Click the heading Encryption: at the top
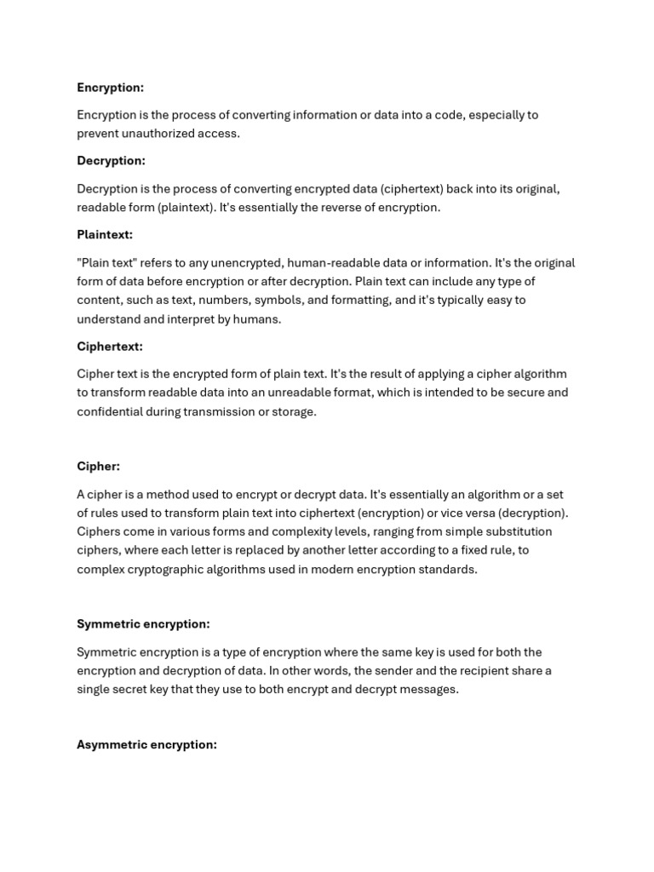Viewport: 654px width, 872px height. click(x=110, y=88)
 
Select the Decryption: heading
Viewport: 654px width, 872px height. click(x=111, y=161)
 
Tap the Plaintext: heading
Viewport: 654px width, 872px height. click(x=105, y=234)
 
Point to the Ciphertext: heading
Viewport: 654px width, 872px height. click(x=110, y=347)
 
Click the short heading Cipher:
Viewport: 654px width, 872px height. click(x=98, y=467)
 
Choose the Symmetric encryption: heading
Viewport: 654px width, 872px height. click(x=143, y=624)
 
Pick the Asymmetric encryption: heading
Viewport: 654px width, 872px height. click(x=146, y=745)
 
